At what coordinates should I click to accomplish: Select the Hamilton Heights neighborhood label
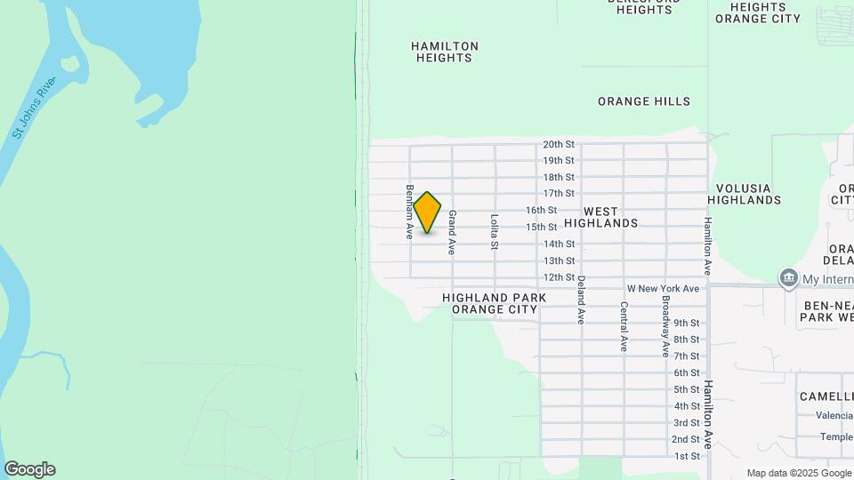point(445,52)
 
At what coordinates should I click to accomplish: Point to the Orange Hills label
point(643,101)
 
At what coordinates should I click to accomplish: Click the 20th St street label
point(559,144)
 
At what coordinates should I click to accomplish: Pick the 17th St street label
point(559,194)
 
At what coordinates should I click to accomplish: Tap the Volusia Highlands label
point(745,194)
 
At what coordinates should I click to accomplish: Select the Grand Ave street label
point(452,232)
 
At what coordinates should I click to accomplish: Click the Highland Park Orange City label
point(494,304)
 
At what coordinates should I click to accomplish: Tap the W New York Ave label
point(663,289)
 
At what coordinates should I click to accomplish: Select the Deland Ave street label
point(581,299)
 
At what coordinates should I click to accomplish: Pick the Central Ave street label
point(624,326)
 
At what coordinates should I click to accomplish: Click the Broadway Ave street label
point(665,326)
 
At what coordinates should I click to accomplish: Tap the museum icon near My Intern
point(788,278)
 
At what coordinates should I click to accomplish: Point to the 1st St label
point(687,456)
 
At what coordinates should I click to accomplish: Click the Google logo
point(29,469)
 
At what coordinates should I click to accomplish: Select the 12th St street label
point(559,277)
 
